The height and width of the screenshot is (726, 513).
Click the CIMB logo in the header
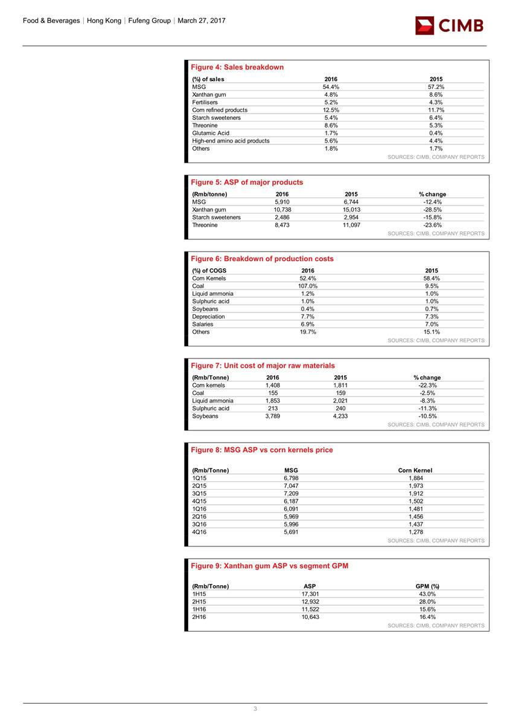[449, 25]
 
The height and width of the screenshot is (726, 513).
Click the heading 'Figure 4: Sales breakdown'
[237, 67]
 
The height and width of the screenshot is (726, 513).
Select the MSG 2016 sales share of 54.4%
[331, 87]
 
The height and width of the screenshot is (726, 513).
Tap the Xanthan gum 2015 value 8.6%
[436, 95]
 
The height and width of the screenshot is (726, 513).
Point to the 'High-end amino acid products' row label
[231, 141]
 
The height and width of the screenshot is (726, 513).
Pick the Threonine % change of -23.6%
[433, 225]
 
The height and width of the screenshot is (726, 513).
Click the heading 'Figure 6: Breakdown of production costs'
[262, 259]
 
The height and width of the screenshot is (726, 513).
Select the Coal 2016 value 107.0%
[308, 286]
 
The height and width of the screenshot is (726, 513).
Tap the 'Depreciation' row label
[208, 316]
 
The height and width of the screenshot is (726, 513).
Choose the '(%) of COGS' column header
[209, 271]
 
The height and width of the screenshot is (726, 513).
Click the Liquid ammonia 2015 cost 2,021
[341, 401]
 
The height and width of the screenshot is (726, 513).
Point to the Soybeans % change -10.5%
[428, 416]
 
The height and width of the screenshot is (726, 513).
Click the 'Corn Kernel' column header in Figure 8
[415, 470]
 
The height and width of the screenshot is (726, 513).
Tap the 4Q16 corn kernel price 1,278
[416, 532]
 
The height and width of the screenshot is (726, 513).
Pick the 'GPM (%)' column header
[427, 586]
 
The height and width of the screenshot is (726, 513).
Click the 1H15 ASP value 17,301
[310, 594]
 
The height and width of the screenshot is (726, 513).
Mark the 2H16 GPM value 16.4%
[427, 617]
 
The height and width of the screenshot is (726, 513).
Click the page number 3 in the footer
[255, 709]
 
